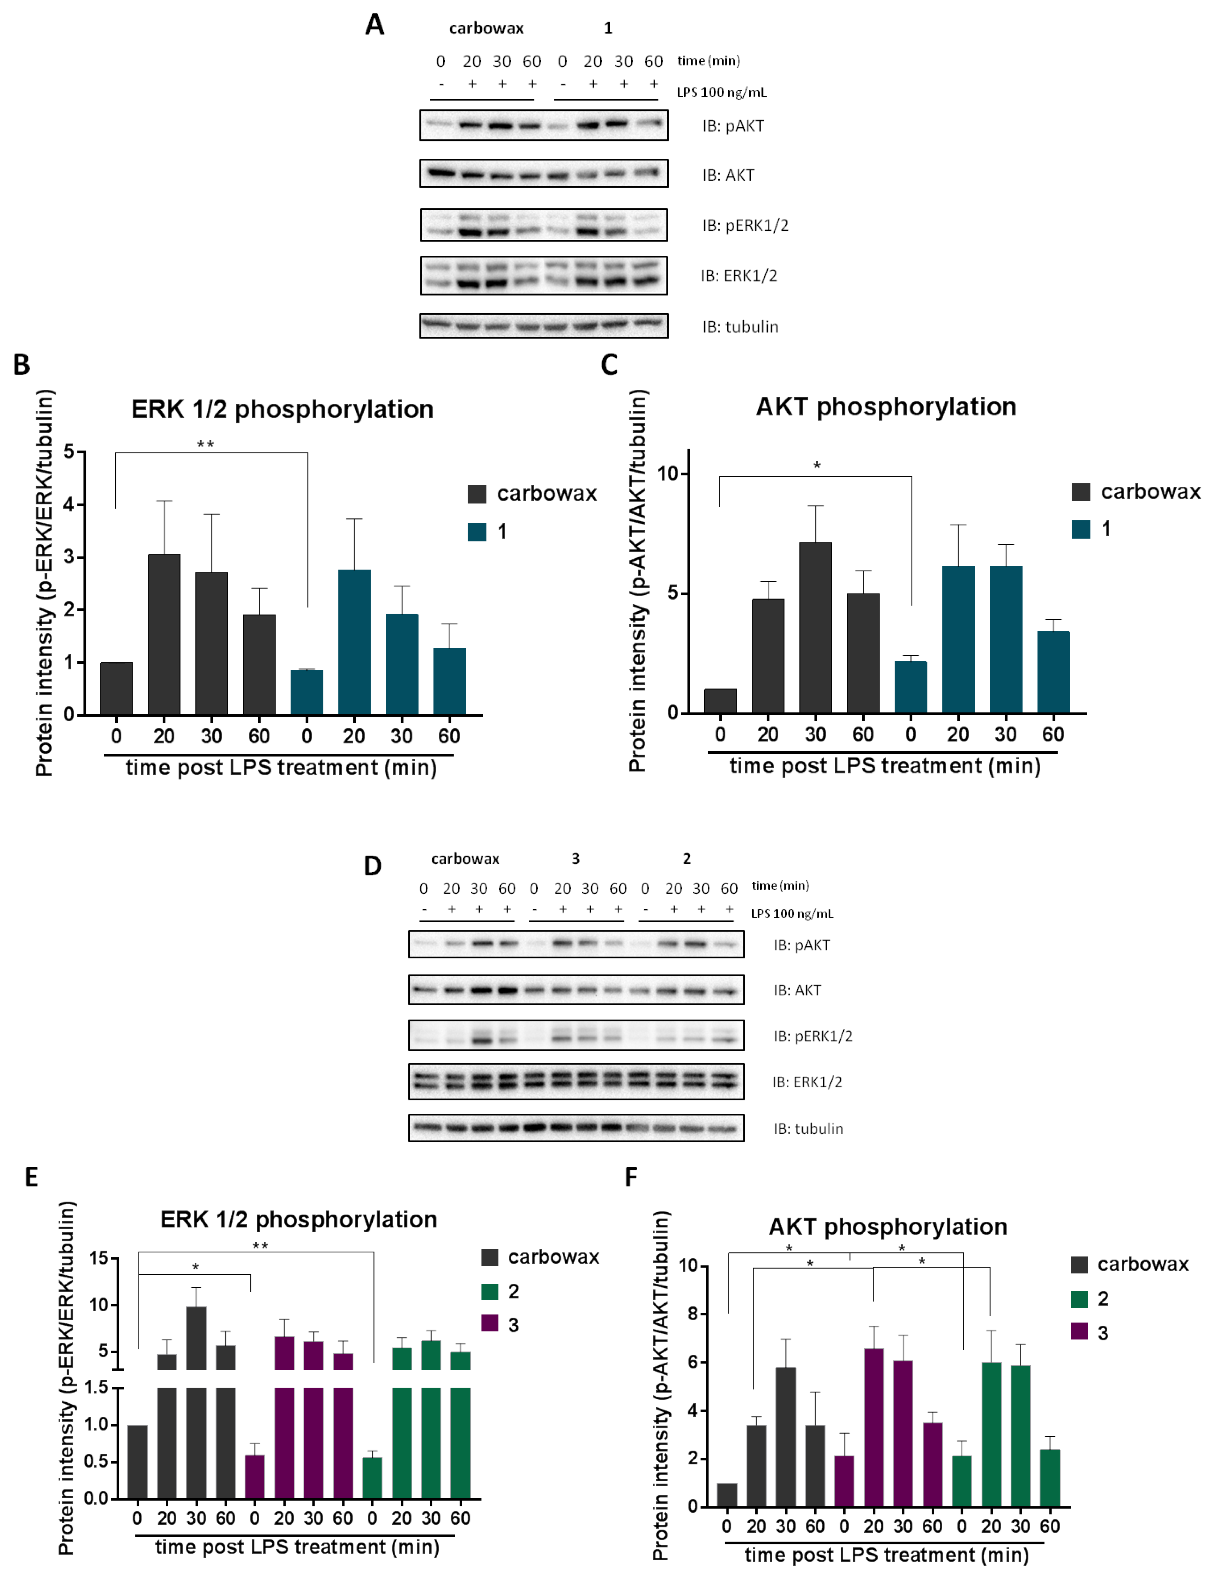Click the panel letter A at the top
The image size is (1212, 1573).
[x=374, y=25]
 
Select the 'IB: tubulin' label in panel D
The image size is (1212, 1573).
[x=808, y=1129]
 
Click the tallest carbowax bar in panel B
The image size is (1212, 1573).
[x=164, y=634]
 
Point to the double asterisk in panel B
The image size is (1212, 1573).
[x=205, y=444]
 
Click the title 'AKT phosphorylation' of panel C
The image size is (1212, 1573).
[x=886, y=407]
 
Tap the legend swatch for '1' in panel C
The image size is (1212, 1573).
[x=1080, y=529]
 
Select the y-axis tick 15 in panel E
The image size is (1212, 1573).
[x=99, y=1258]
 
